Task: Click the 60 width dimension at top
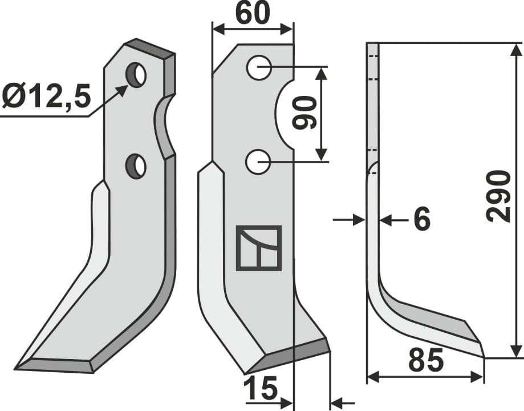[252, 14]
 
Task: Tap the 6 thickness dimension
[421, 220]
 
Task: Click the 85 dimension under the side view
[425, 361]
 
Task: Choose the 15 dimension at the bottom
[260, 390]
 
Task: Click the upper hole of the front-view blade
[258, 68]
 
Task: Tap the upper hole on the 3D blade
[136, 75]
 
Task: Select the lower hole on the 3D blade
[136, 166]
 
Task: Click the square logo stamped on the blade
[259, 248]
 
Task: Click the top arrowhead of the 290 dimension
[516, 48]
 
